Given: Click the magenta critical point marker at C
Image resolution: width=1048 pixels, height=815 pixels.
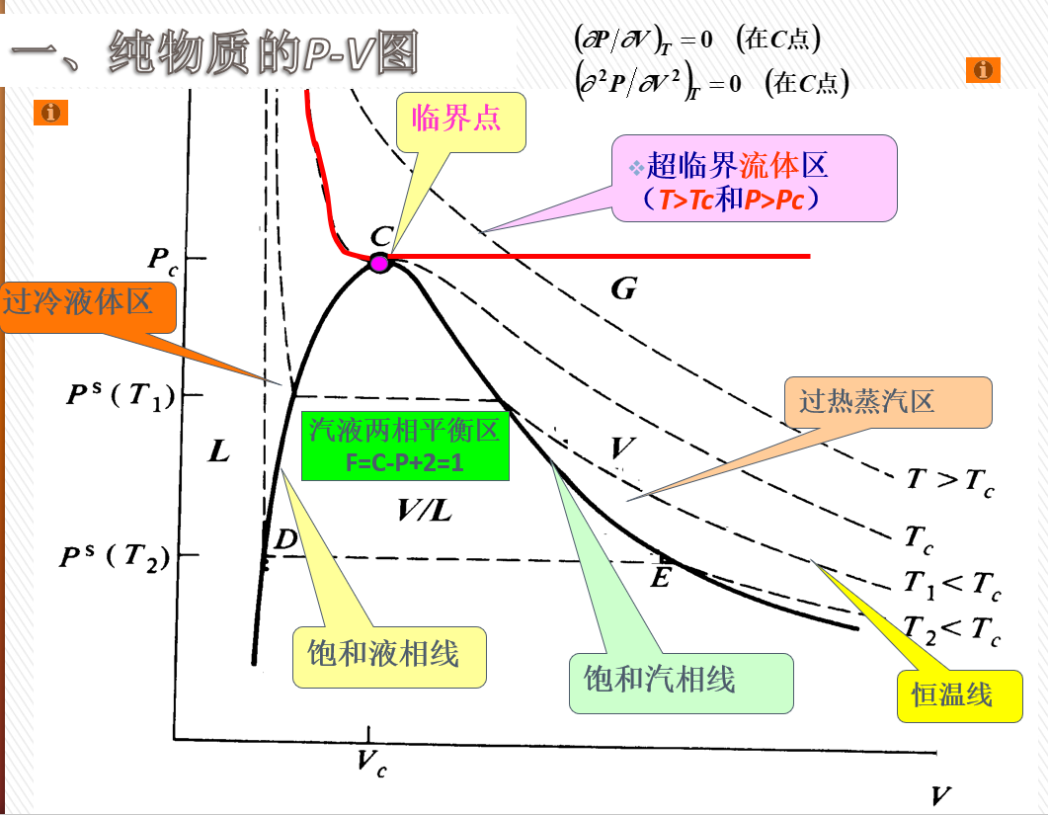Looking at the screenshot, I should tap(379, 262).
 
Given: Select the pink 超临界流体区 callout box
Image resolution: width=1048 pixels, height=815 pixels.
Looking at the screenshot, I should tap(755, 178).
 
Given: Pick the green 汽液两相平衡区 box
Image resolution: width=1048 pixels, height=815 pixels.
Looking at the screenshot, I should tap(405, 447).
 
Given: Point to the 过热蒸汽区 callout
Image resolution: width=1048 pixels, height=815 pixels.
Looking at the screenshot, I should tap(887, 402).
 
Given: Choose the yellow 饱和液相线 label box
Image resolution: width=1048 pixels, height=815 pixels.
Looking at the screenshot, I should tap(390, 656).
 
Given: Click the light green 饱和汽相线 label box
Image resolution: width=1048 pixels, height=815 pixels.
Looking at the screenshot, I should tap(681, 682).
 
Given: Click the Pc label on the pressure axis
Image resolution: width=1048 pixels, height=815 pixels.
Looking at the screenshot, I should tap(163, 260).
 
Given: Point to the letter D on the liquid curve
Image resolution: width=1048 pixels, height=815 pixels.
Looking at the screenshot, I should tap(284, 539).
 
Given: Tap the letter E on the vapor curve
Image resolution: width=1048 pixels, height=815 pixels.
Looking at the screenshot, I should tap(661, 576).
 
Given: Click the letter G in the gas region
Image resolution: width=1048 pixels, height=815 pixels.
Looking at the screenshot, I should tap(623, 288).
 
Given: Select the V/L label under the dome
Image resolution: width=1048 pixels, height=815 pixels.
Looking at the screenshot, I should tap(425, 510).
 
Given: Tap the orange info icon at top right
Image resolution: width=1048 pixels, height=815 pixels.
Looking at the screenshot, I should tap(982, 69).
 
